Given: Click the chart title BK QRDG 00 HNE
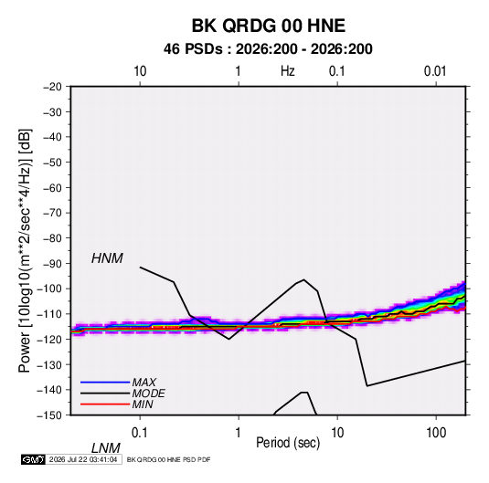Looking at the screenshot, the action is point(268,26).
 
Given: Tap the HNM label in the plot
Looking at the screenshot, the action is point(107,258).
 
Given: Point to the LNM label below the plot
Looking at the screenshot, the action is point(106,448).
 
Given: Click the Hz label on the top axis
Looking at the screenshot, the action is point(287,71).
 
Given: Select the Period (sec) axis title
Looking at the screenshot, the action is point(288,443).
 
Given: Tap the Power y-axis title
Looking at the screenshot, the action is point(25,250).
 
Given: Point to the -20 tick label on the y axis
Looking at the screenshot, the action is point(52,87).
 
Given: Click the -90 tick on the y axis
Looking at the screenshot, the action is point(52,264).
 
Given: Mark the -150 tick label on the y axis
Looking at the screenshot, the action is point(49,415).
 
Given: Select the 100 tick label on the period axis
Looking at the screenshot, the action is point(436,433).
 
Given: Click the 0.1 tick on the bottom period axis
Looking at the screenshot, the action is point(139,433).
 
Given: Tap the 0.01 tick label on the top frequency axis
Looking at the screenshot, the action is point(435,71).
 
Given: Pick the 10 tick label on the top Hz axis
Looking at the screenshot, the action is point(140,71).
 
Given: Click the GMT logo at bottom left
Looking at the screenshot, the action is point(33,459).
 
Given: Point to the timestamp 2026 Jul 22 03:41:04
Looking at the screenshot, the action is point(83,459).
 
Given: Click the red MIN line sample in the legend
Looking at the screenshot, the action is point(105,404).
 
